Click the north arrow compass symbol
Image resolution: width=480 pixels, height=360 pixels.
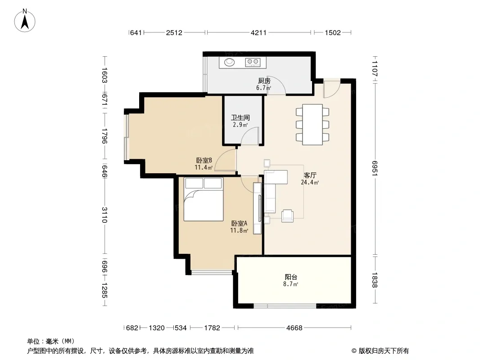click(x=25, y=21)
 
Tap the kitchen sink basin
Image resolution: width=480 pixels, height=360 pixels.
click(x=229, y=63)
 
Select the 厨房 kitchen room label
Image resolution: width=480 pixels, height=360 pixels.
click(x=264, y=81)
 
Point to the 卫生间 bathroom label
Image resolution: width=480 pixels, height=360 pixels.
click(x=240, y=117)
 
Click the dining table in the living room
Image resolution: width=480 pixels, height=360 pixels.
click(x=312, y=125)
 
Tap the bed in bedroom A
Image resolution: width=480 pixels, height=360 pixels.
click(x=204, y=199)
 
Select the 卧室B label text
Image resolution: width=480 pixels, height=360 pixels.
click(x=204, y=160)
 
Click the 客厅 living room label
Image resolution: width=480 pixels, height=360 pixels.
click(x=310, y=175)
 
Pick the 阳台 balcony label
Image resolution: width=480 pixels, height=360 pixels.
click(x=291, y=277)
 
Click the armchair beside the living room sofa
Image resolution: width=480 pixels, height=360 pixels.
click(x=287, y=216)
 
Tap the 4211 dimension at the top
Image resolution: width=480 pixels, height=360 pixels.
click(x=258, y=32)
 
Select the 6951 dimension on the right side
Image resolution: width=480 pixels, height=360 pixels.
click(x=375, y=168)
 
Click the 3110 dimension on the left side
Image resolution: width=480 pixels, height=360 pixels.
click(x=105, y=215)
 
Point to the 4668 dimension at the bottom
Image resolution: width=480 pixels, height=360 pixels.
click(x=294, y=328)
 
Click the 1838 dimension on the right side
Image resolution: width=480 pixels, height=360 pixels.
click(x=375, y=280)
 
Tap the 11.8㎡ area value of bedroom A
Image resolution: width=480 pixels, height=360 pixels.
click(x=239, y=230)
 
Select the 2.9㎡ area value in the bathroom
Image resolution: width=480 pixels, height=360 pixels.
click(x=240, y=125)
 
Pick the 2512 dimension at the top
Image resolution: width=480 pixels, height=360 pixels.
click(x=174, y=32)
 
